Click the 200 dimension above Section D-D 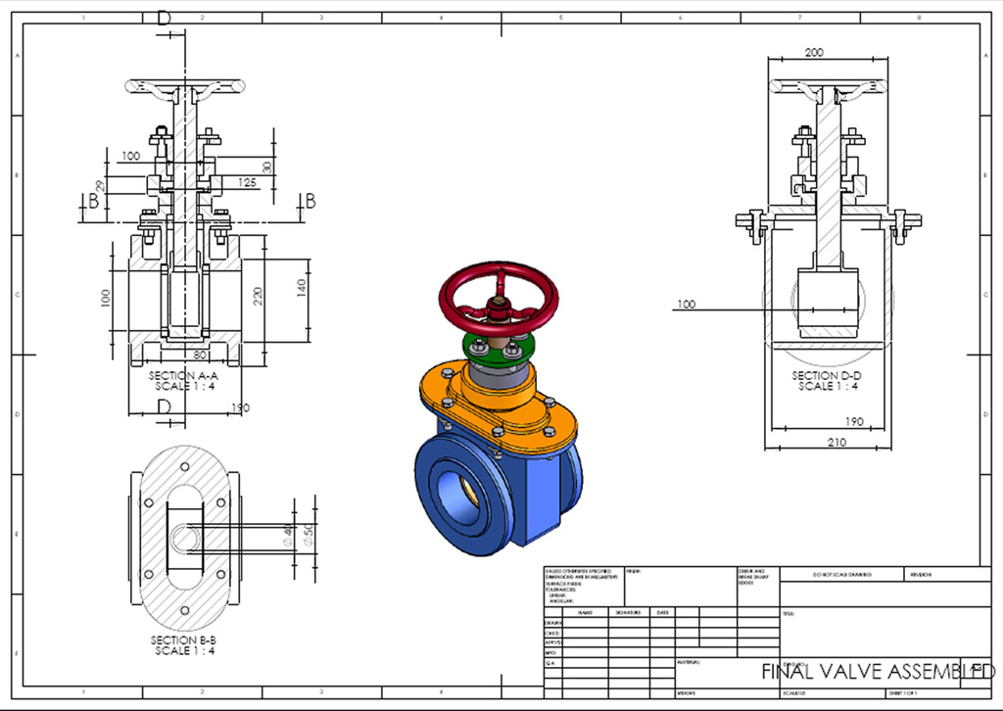click(x=814, y=53)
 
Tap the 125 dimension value click(x=247, y=182)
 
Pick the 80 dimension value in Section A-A click(x=201, y=355)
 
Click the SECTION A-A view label click(x=183, y=375)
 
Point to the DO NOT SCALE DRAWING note click(x=841, y=575)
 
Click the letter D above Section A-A click(x=164, y=18)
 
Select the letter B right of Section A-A click(x=310, y=201)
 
